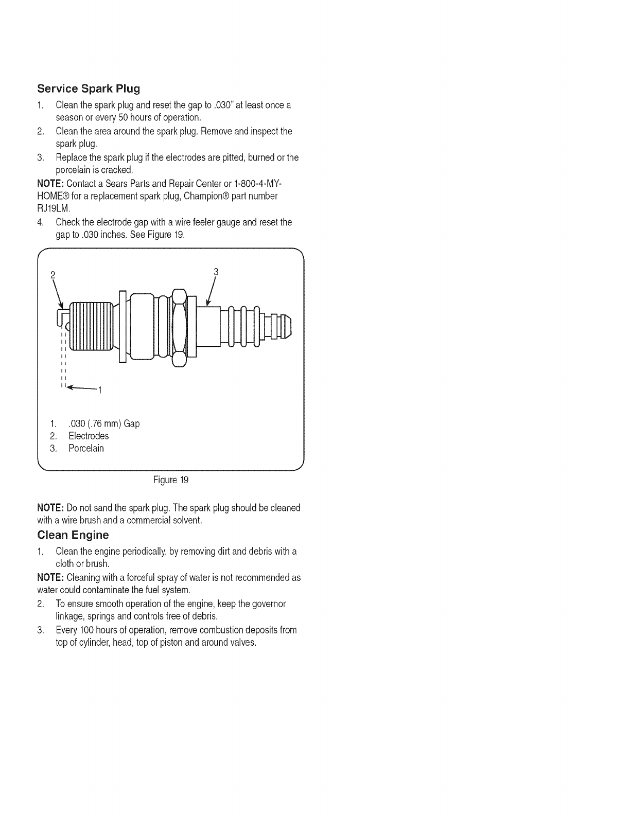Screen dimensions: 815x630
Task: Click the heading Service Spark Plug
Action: click(89, 88)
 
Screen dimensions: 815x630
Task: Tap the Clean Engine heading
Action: click(73, 535)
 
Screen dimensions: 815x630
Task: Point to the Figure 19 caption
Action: click(171, 480)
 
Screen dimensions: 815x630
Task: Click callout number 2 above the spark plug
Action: click(52, 274)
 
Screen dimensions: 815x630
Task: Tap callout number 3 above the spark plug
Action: click(216, 272)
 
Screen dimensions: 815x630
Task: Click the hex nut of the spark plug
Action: click(179, 328)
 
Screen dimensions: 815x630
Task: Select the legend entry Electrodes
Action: click(89, 436)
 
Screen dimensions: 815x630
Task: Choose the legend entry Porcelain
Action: click(86, 448)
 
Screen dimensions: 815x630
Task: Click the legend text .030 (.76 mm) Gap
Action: click(103, 423)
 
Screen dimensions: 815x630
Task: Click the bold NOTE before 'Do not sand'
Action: click(50, 508)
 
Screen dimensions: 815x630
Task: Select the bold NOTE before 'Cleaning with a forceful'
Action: click(50, 577)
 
